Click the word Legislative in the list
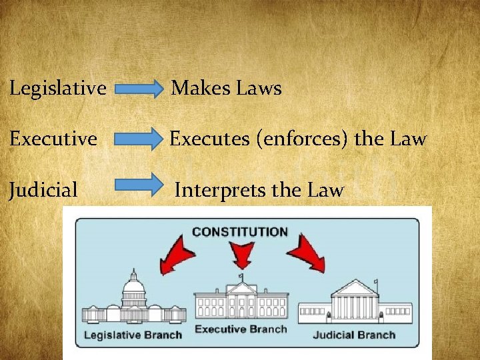tap(58, 87)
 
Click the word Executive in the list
tap(53, 139)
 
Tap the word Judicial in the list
tap(43, 190)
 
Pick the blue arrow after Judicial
tap(143, 184)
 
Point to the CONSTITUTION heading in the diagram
tap(240, 232)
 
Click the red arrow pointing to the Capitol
tap(176, 254)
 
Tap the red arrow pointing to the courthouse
tap(307, 254)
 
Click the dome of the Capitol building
tap(134, 286)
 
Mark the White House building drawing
tap(240, 301)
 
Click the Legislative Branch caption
tap(132, 334)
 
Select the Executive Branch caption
tap(241, 329)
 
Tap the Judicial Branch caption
tap(354, 334)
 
